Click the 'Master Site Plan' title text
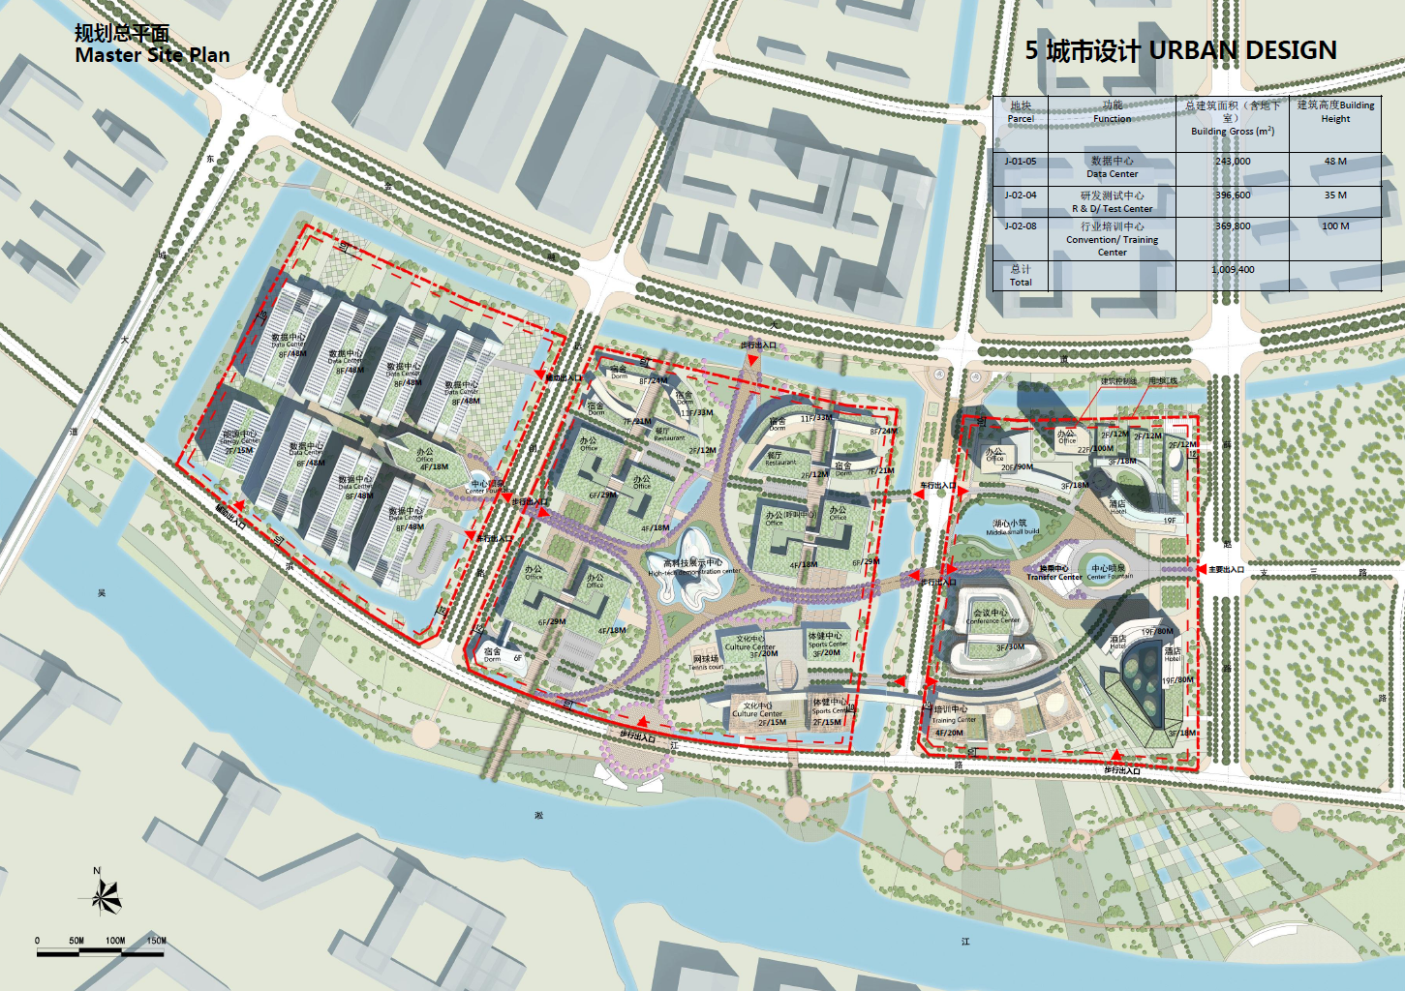(152, 55)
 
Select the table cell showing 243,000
(1233, 162)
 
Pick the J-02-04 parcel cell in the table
(1021, 195)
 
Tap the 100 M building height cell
(1335, 226)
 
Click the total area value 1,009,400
(1233, 270)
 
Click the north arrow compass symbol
(105, 896)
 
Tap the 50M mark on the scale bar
(76, 941)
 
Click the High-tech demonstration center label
(693, 567)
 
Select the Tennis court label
(706, 663)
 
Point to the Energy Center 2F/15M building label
(239, 442)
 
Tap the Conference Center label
(993, 616)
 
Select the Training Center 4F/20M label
(951, 721)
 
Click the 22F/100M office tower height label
(1095, 449)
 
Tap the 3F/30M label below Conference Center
(1010, 647)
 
